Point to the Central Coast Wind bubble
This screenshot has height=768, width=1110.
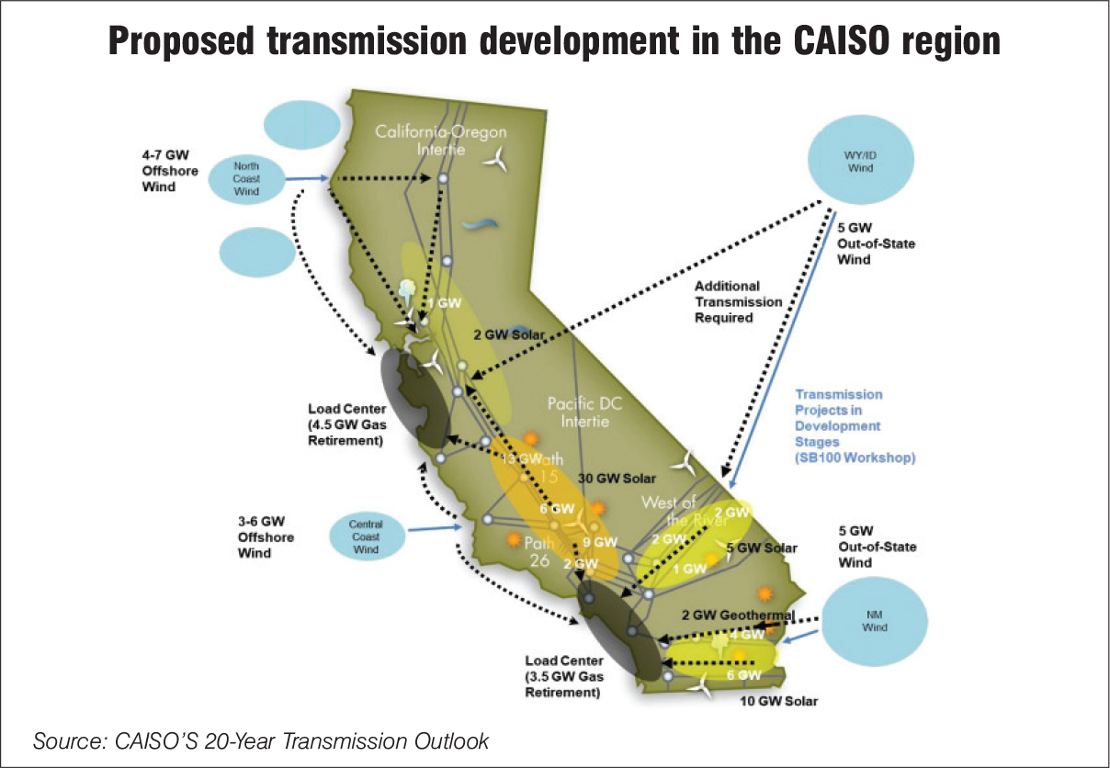point(366,536)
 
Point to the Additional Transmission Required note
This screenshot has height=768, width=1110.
point(738,301)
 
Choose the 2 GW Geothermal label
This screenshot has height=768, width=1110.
point(737,615)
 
